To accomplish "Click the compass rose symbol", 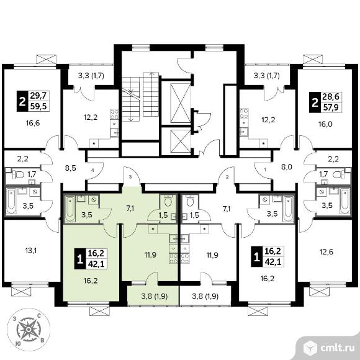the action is pyautogui.click(x=28, y=330).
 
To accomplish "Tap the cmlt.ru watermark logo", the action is pyautogui.click(x=328, y=348).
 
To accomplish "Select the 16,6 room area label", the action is pyautogui.click(x=33, y=124).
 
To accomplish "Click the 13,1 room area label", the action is pyautogui.click(x=31, y=251).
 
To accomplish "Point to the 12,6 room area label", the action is pyautogui.click(x=326, y=252).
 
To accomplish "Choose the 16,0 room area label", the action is pyautogui.click(x=326, y=124).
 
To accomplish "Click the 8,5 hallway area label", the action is pyautogui.click(x=71, y=168).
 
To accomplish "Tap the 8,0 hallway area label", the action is pyautogui.click(x=287, y=167).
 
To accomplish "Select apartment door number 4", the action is pyautogui.click(x=92, y=170).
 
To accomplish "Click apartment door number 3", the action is pyautogui.click(x=130, y=177).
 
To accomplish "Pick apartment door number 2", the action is pyautogui.click(x=227, y=177).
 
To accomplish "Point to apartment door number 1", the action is pyautogui.click(x=266, y=170).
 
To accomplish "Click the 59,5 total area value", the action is pyautogui.click(x=38, y=106).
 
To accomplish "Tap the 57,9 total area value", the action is pyautogui.click(x=331, y=107).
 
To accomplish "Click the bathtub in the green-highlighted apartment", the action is pyautogui.click(x=70, y=209).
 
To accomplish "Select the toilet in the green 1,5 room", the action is pyautogui.click(x=169, y=201).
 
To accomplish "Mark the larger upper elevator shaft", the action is pyautogui.click(x=181, y=103).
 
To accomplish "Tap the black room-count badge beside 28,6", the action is pyautogui.click(x=315, y=102).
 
